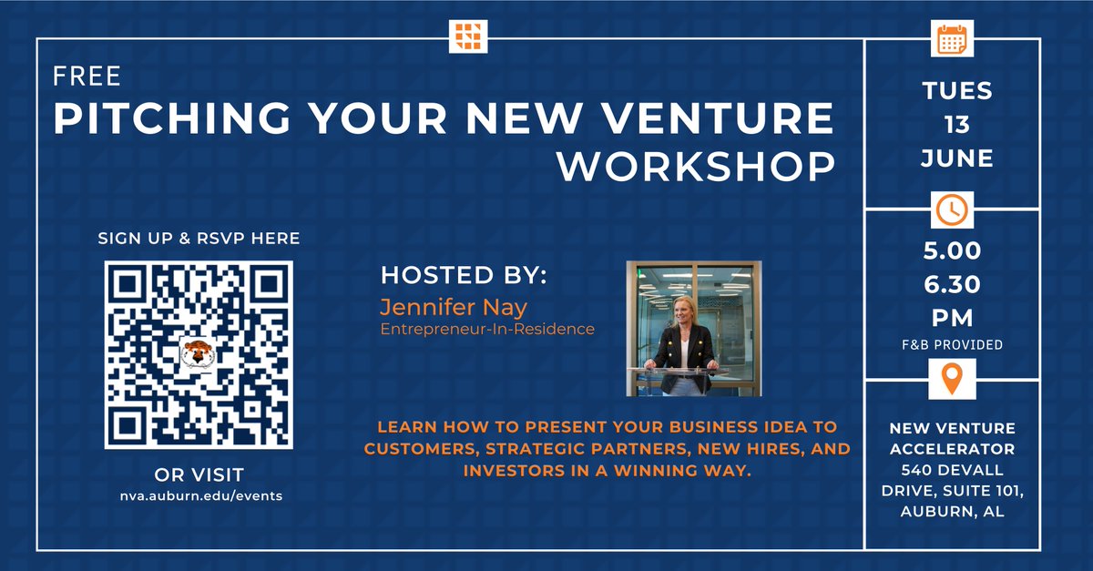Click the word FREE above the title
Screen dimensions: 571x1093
click(87, 76)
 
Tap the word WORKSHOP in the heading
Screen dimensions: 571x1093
click(696, 167)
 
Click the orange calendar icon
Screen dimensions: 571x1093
click(952, 39)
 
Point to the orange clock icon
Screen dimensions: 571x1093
click(952, 210)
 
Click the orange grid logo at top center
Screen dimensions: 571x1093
click(469, 37)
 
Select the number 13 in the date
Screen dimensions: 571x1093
click(956, 124)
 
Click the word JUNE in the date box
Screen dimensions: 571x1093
click(956, 158)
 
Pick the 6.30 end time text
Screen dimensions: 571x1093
click(952, 285)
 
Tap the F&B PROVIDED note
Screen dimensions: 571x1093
click(952, 345)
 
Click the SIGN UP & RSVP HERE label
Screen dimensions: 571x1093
click(199, 239)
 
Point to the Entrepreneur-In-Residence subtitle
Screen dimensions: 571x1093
click(487, 329)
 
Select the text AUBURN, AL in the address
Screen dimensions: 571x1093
click(952, 512)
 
